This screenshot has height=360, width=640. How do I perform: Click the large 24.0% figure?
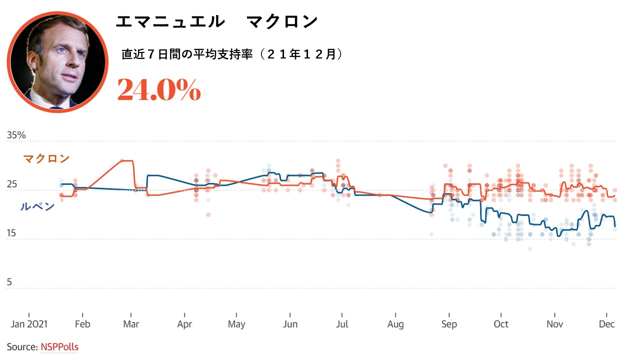tap(159, 90)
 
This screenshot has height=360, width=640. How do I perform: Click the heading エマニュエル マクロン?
tap(216, 21)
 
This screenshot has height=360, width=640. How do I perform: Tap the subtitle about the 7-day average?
tap(232, 54)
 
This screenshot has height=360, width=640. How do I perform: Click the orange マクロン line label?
tap(46, 158)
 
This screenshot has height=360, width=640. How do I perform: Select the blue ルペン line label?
tap(37, 206)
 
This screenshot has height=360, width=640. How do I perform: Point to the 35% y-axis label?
tap(16, 135)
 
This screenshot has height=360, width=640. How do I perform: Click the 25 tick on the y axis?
tap(11, 184)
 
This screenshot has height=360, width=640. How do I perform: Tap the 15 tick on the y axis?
tap(11, 233)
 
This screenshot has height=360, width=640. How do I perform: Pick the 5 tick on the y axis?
tap(9, 282)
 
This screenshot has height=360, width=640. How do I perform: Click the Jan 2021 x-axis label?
tap(29, 324)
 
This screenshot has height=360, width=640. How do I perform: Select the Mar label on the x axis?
tap(131, 324)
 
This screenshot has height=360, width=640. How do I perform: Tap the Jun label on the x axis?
tap(290, 324)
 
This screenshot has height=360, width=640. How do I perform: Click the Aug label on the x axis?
tap(395, 324)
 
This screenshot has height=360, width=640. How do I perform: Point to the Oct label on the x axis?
tap(501, 324)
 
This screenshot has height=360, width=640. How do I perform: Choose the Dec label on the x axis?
tap(606, 324)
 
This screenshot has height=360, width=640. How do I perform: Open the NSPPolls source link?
tap(59, 346)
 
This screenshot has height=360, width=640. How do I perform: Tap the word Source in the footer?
tap(22, 346)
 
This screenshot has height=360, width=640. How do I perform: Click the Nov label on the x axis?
tap(554, 324)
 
